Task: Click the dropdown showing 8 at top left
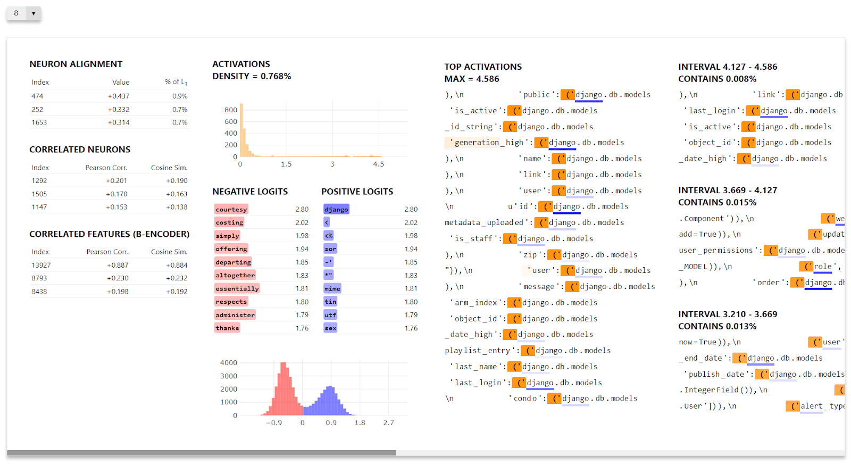tap(24, 13)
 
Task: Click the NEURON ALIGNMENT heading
tap(76, 64)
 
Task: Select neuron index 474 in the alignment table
tap(37, 96)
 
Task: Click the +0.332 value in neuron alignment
tap(118, 109)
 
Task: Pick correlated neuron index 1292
tap(39, 181)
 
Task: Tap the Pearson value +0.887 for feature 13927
tap(117, 265)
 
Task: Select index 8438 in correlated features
tap(39, 292)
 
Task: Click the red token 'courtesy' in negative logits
tap(231, 210)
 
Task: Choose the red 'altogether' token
tap(235, 275)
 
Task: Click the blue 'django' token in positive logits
tap(336, 210)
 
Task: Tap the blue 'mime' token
tap(332, 288)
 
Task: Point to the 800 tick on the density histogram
tap(230, 110)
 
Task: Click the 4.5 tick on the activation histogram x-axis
tap(378, 164)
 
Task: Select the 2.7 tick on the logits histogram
tap(388, 423)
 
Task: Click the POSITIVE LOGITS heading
tap(357, 192)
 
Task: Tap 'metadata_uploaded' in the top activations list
tap(485, 222)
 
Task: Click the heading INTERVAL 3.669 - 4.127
tap(727, 190)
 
